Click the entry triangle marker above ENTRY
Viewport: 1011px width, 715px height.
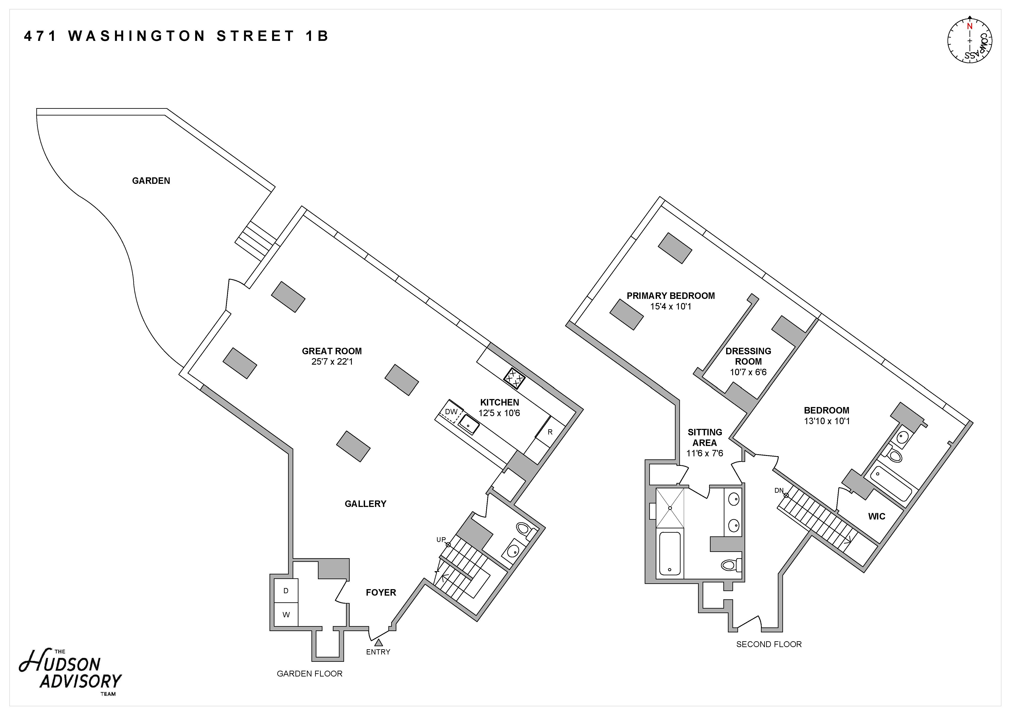(x=378, y=642)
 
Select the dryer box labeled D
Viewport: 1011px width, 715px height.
(x=286, y=591)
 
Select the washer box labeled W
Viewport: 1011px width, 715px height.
(x=286, y=615)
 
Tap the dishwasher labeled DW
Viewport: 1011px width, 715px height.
(x=451, y=412)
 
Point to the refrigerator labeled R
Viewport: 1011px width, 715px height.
(x=550, y=432)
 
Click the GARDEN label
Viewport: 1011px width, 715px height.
(x=151, y=181)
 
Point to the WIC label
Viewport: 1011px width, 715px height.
(x=876, y=516)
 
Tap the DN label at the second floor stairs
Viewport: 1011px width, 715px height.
(x=779, y=490)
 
